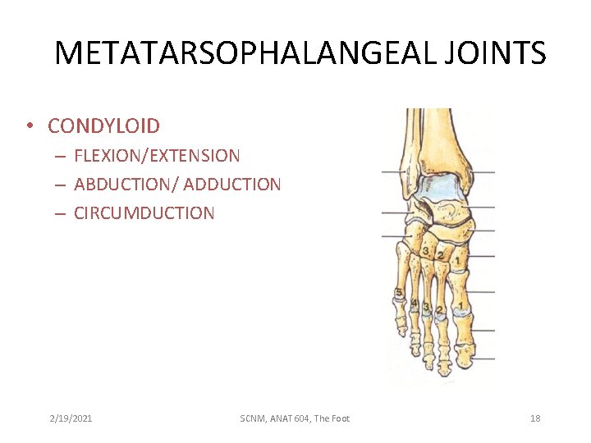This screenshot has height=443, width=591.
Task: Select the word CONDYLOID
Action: click(x=103, y=126)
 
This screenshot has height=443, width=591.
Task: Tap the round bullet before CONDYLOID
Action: click(x=29, y=126)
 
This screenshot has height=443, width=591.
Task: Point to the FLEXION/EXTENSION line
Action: click(x=157, y=155)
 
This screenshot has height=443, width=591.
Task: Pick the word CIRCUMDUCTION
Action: click(x=144, y=213)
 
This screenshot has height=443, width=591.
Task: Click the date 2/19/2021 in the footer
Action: click(x=71, y=418)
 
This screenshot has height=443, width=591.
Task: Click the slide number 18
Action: click(x=535, y=418)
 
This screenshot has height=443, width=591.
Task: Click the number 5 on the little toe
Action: click(x=399, y=293)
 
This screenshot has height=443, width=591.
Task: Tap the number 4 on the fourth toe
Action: click(x=415, y=304)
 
